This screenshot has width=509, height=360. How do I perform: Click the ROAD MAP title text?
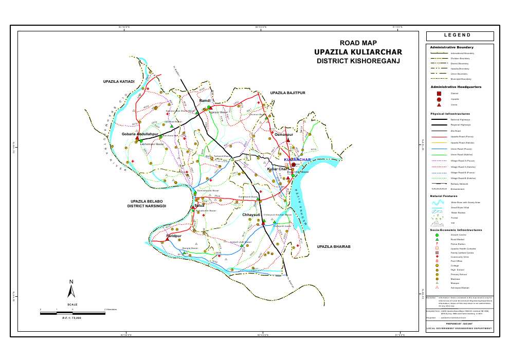coord(358,43)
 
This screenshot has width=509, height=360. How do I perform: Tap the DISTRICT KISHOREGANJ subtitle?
coord(358,61)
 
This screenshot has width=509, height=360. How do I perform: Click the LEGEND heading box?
coord(460,35)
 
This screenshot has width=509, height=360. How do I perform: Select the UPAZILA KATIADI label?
coord(119,82)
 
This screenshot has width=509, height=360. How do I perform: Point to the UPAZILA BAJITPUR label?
coord(288,93)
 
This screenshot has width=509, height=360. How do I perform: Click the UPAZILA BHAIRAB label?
coord(333,247)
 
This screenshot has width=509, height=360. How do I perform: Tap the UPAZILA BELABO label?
coord(147,202)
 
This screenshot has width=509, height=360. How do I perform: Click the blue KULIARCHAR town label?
coord(298,160)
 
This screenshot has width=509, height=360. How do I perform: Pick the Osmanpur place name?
coord(283,134)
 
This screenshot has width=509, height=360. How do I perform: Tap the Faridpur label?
coord(175,236)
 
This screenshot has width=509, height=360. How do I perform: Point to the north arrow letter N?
coord(72,281)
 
